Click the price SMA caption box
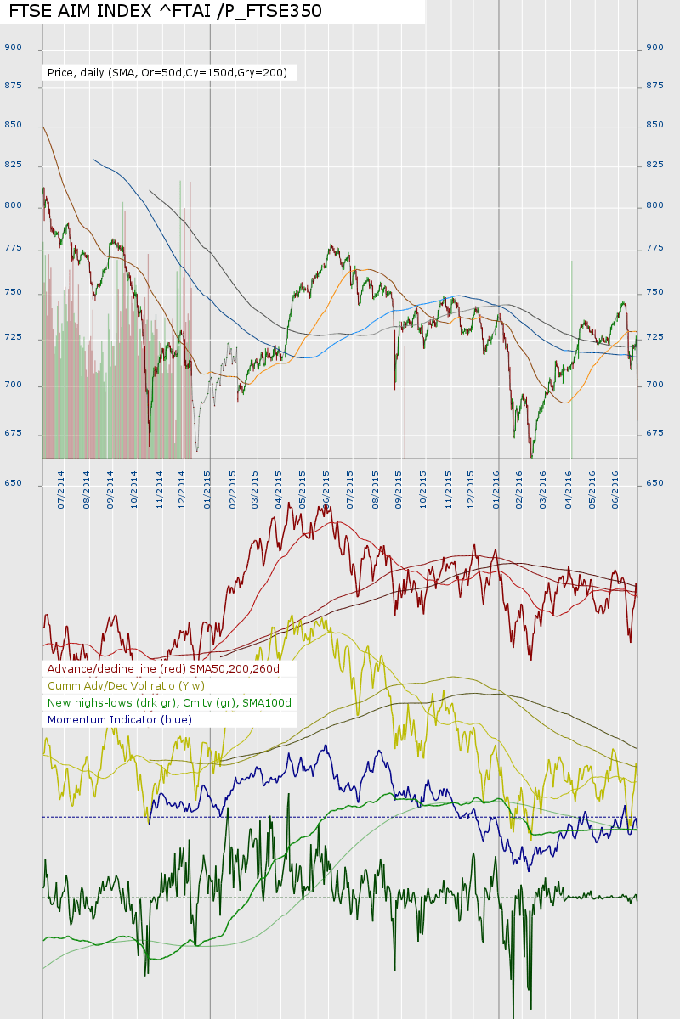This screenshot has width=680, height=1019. (168, 73)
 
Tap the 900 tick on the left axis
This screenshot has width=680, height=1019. (13, 48)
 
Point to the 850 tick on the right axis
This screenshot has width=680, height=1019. (654, 125)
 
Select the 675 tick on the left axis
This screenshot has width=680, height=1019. (13, 433)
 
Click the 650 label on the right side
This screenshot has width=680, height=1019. (654, 483)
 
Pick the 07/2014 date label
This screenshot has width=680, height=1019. (60, 492)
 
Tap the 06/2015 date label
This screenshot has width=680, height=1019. (327, 492)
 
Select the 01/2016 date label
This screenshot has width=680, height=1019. (498, 492)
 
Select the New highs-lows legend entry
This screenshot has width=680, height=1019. (169, 703)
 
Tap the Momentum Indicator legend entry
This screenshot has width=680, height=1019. (120, 720)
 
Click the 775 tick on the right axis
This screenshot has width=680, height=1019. (654, 248)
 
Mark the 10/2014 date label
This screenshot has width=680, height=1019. (133, 492)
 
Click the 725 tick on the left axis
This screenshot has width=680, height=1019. (13, 338)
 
